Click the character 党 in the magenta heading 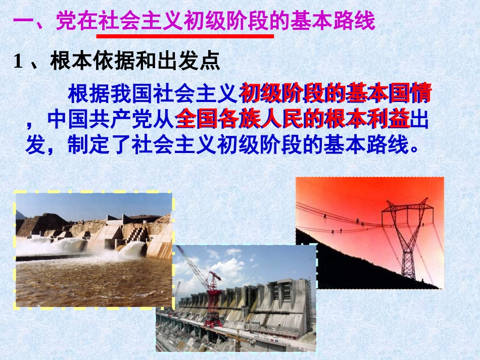point(65,22)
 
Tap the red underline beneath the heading point(184,36)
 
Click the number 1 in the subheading point(19,62)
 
